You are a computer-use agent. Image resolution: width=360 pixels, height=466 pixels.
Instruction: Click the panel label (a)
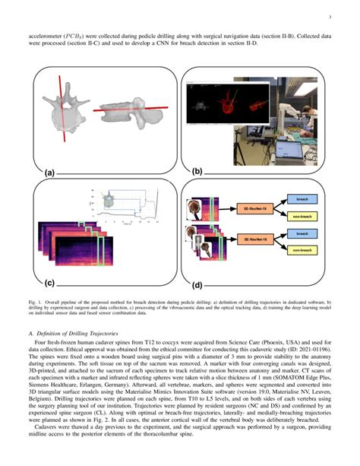(49, 172)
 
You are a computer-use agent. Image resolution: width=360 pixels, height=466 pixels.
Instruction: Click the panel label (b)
(196, 172)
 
